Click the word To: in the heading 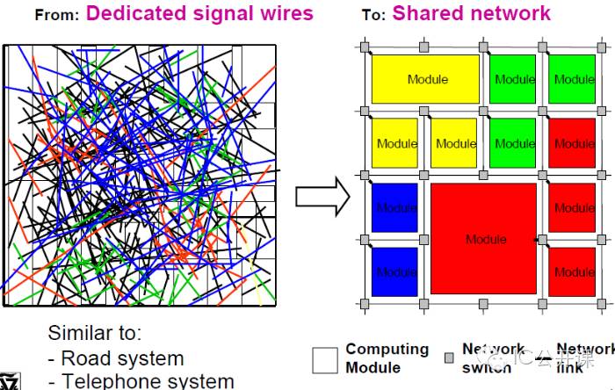point(373,15)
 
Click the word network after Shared point(510,13)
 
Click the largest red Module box point(484,239)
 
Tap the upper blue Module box point(394,207)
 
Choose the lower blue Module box point(394,271)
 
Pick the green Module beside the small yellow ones point(514,143)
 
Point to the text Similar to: point(94,334)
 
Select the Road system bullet point(116,358)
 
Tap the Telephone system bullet point(141,380)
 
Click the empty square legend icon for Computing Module point(325,360)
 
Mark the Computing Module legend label point(387,358)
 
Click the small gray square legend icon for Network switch point(449,357)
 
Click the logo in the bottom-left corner point(11,382)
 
